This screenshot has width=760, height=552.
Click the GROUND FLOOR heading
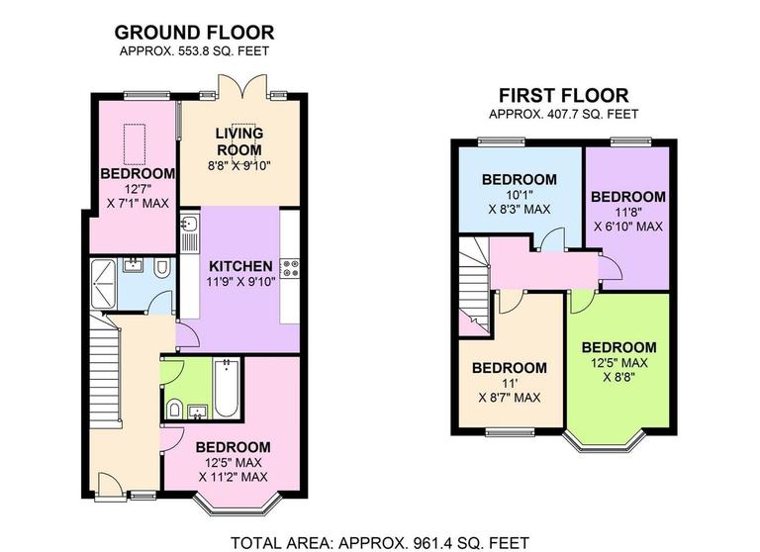click(x=196, y=33)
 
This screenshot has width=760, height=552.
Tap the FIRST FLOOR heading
click(x=564, y=95)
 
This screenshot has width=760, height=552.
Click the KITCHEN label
click(x=239, y=266)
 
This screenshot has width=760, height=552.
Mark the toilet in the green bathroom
click(x=173, y=408)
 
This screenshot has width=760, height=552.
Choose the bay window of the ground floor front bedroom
click(x=238, y=501)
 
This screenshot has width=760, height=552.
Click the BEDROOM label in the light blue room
click(x=519, y=179)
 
